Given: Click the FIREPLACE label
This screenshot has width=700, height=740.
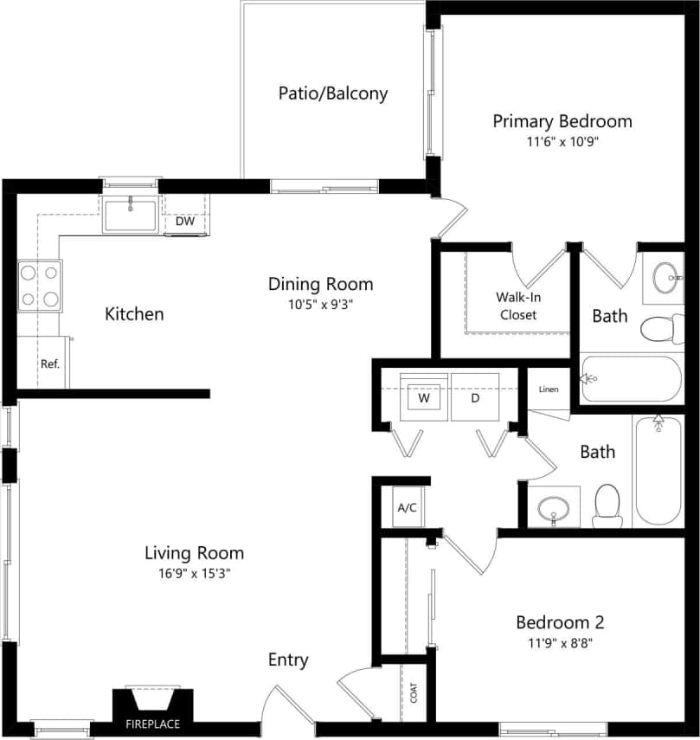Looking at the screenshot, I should click(153, 724).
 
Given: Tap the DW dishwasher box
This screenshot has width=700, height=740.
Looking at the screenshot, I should click(185, 221).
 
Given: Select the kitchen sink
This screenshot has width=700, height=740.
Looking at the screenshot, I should click(130, 214).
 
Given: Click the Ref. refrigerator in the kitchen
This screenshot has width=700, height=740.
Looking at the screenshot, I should click(49, 364).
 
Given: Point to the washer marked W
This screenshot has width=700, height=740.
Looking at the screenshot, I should click(424, 398).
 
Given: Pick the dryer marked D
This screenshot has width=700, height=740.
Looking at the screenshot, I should click(475, 398).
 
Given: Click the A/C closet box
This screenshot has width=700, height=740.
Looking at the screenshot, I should click(407, 507).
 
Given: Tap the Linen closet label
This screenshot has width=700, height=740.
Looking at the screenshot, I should click(549, 389).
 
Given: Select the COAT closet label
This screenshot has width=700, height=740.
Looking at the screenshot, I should click(414, 692).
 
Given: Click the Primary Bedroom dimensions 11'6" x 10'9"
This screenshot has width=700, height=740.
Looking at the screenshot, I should click(562, 143).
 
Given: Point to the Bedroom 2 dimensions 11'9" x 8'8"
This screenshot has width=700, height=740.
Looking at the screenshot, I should click(560, 643).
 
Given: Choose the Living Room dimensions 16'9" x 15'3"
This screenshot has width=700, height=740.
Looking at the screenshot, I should click(194, 573).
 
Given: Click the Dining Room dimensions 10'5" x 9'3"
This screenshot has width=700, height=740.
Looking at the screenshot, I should click(320, 305).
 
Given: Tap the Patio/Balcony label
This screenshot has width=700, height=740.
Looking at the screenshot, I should click(332, 93).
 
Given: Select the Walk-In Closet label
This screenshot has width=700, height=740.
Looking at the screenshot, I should click(517, 306).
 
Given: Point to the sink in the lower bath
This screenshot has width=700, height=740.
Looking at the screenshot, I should click(552, 509).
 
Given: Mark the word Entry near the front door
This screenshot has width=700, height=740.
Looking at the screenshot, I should click(287, 660).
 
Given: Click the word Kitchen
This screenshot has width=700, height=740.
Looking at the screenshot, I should click(134, 313).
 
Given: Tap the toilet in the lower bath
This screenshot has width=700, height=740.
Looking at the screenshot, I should click(607, 505).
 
